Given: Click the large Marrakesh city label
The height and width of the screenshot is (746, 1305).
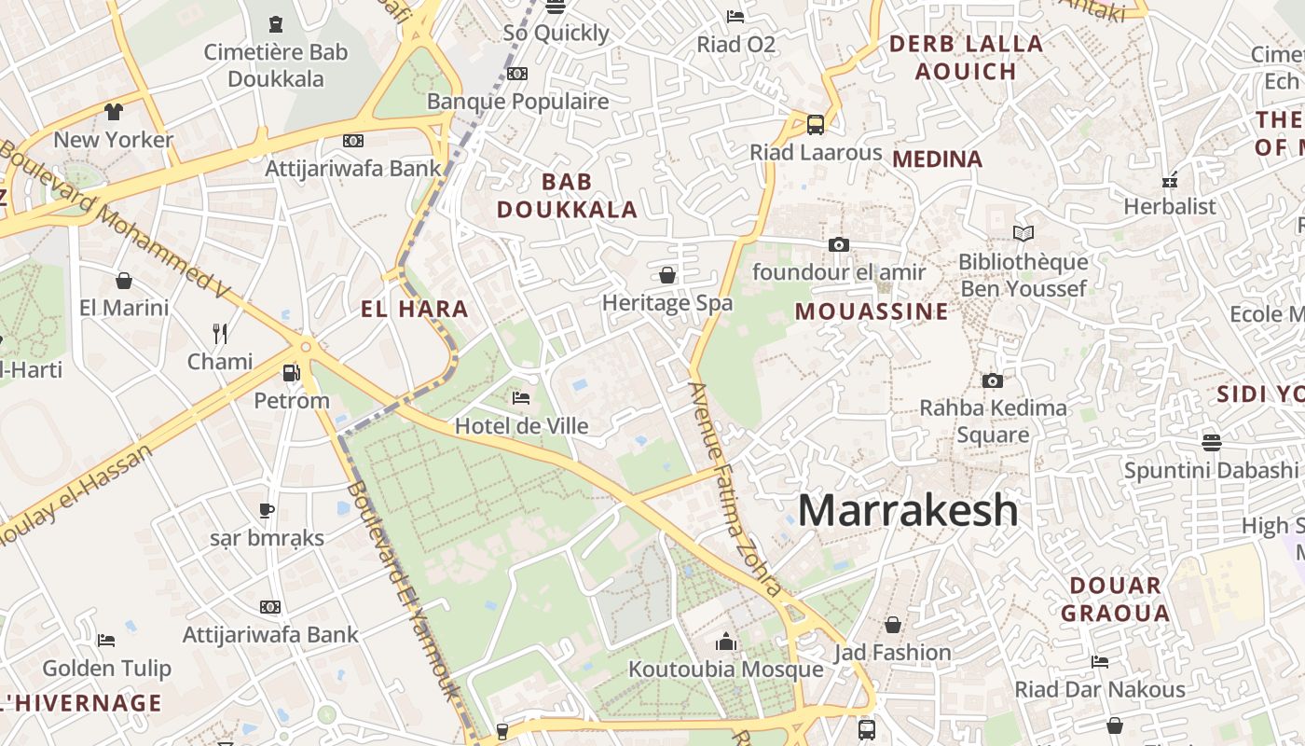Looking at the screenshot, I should click(x=908, y=510).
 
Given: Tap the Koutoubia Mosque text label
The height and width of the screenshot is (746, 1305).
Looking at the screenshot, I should click(x=725, y=669).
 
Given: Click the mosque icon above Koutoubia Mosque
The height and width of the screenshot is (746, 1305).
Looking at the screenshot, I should click(x=726, y=642).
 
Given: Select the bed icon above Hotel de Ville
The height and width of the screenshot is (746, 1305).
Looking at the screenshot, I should click(x=521, y=398).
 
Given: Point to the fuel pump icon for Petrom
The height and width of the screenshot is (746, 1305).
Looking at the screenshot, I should click(x=291, y=373).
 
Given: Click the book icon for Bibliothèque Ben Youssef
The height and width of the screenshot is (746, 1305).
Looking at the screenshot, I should click(x=1023, y=233).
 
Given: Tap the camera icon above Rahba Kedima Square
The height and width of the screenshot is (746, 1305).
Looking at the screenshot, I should click(x=993, y=380).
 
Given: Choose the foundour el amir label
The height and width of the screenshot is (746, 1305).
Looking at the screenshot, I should click(x=839, y=272).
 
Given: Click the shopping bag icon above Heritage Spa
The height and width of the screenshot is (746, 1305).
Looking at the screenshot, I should click(x=667, y=275).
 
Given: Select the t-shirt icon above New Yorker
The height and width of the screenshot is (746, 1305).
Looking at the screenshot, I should click(x=114, y=112).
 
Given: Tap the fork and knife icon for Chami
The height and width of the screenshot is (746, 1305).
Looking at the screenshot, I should click(x=220, y=334).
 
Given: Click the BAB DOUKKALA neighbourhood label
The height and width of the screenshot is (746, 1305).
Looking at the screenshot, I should click(x=567, y=196).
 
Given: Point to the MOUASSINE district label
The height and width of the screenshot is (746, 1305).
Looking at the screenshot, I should click(x=872, y=311).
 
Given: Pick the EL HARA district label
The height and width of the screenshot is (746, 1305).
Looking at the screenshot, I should click(x=414, y=309).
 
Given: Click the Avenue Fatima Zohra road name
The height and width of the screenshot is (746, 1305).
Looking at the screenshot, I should click(x=735, y=490).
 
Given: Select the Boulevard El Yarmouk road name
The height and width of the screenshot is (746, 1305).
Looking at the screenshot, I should click(x=405, y=590).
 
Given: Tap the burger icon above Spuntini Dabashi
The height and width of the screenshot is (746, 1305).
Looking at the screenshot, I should click(x=1212, y=441).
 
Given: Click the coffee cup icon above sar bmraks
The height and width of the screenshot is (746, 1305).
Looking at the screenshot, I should click(x=267, y=510).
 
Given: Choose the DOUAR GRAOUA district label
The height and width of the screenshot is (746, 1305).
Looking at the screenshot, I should click(x=1115, y=600).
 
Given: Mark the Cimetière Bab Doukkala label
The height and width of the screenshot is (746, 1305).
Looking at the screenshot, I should click(x=276, y=65).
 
